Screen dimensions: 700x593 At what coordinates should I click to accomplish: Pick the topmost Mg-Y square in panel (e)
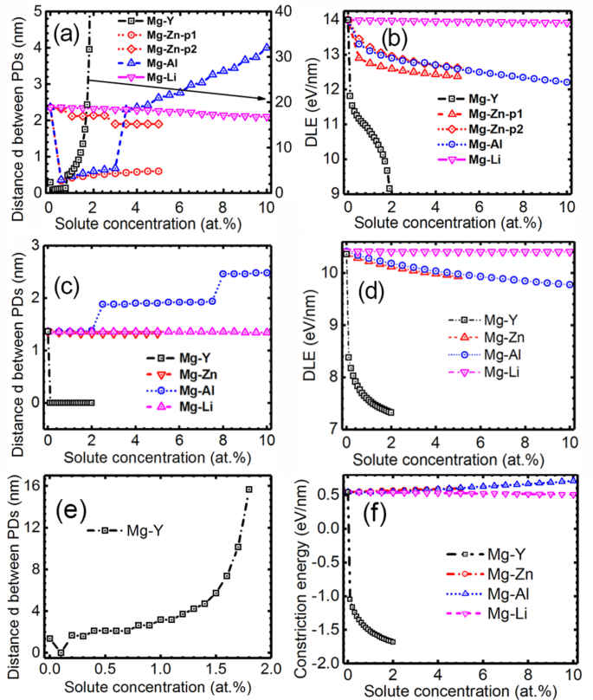(x=248, y=489)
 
